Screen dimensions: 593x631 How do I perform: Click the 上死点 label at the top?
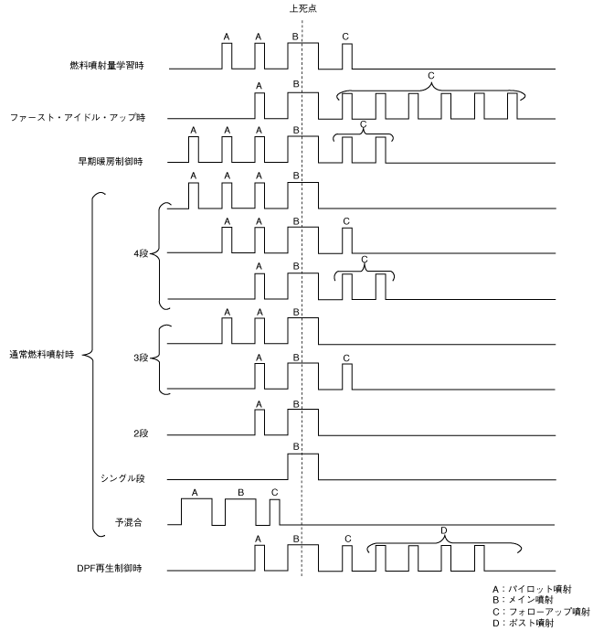[302, 8]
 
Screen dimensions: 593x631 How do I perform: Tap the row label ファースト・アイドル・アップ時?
[90, 118]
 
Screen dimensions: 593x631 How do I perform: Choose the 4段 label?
[140, 253]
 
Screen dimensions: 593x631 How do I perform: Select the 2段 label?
[140, 433]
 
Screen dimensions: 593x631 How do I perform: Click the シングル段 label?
[123, 477]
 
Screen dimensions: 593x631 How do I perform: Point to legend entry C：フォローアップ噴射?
[540, 612]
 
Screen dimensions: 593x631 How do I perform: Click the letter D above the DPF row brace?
[444, 530]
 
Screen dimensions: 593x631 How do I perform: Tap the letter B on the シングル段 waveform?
[295, 445]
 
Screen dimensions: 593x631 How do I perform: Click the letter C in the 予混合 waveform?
[275, 492]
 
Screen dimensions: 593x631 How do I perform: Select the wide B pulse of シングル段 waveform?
[303, 466]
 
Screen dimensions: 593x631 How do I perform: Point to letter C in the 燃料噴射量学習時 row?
[344, 37]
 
